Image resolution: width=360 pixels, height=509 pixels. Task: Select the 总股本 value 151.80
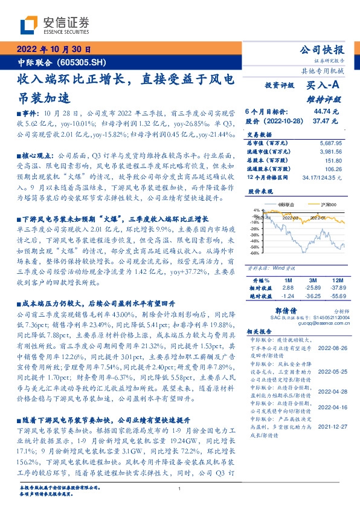(335, 161)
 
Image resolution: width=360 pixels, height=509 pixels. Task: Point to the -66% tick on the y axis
(256, 253)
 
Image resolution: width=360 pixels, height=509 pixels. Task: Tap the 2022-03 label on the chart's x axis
(289, 217)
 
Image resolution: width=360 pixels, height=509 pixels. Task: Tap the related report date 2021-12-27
(330, 425)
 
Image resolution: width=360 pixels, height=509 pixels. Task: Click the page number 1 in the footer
(179, 488)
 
